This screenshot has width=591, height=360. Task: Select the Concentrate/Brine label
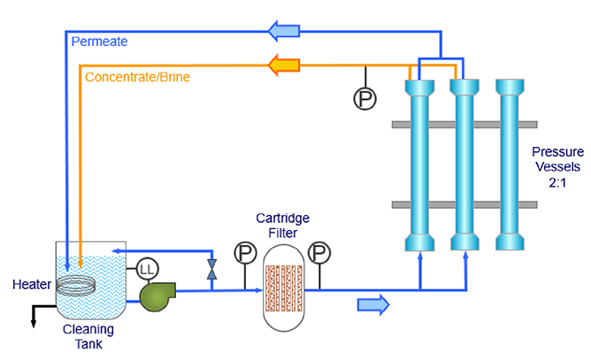pos(137,77)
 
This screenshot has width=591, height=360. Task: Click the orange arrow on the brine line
pos(285,64)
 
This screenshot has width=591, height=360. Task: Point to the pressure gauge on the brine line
pos(365,99)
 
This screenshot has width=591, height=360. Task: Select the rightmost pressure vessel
pos(510,166)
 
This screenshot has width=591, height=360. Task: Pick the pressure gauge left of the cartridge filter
pos(244,253)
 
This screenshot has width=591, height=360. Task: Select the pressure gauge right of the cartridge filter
pos(320,253)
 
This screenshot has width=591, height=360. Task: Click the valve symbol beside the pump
pos(211,269)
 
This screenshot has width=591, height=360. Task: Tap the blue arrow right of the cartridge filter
pos(372,305)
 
